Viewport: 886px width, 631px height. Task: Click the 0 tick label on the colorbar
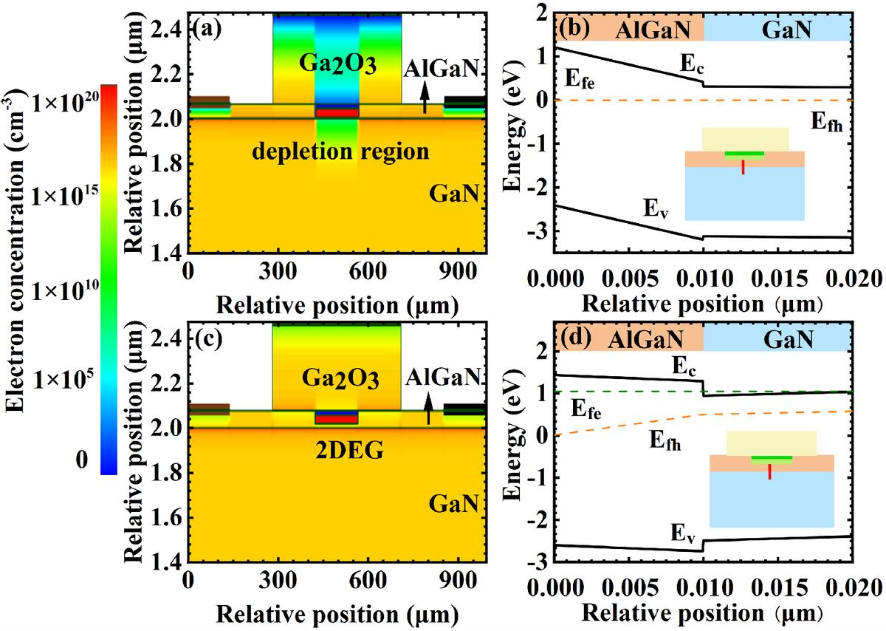87,459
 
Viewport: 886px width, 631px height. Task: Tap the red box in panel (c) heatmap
336,419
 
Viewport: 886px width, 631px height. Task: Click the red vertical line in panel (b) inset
744,166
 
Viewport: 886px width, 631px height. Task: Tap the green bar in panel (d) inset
772,458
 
